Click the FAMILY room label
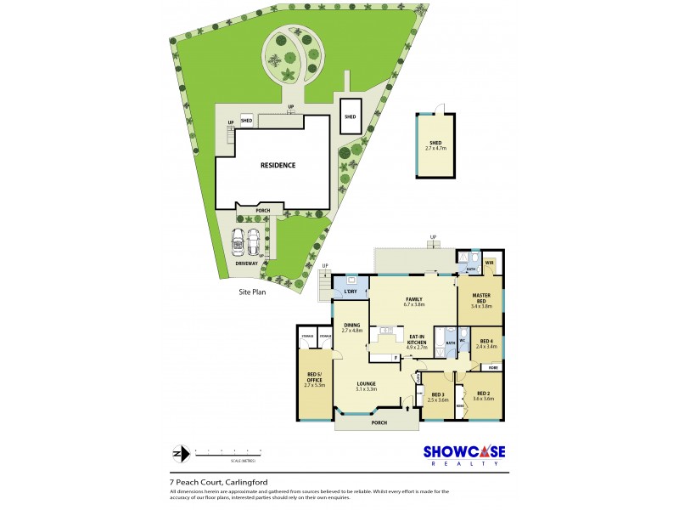coord(413,300)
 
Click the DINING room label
coord(352,326)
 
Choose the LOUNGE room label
coord(366,384)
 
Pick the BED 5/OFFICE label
coord(314,377)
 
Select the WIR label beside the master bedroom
coord(490,263)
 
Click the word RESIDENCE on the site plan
coord(278,165)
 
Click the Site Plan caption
coord(252,291)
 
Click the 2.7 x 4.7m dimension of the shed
coord(435,149)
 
